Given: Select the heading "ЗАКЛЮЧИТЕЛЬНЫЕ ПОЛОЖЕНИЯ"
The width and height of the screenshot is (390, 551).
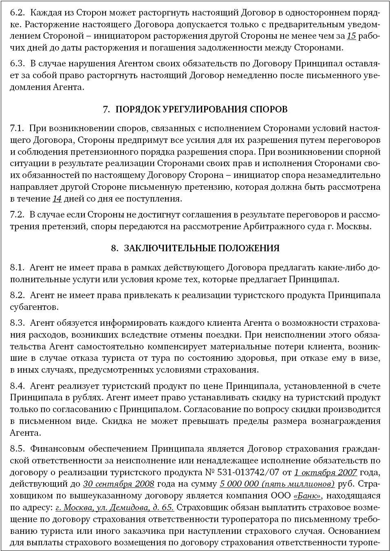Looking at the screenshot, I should pos(201,248).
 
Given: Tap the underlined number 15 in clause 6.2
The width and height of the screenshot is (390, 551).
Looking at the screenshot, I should pos(351,36).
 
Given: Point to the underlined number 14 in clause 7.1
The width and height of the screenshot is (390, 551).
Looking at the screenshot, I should pos(57,199).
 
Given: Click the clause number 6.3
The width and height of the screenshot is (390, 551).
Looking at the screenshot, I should pos(18,64).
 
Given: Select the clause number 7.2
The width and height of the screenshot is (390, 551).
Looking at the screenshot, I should pos(18,215).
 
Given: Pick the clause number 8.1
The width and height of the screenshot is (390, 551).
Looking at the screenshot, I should pos(18,268).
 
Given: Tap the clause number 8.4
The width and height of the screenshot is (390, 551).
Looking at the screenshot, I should pos(18,385).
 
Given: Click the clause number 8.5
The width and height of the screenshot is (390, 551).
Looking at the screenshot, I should pos(18,449).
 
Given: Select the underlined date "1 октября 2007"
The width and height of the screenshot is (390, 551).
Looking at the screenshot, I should pos(325,472).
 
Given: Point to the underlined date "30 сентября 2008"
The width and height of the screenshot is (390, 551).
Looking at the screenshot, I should pos(119,484).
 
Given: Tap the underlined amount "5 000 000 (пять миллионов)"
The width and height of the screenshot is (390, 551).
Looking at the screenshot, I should pos(277,484).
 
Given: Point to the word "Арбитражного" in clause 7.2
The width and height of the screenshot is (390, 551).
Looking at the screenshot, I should pos(277,226).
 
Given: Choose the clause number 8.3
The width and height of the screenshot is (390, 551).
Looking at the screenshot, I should pos(18,323).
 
